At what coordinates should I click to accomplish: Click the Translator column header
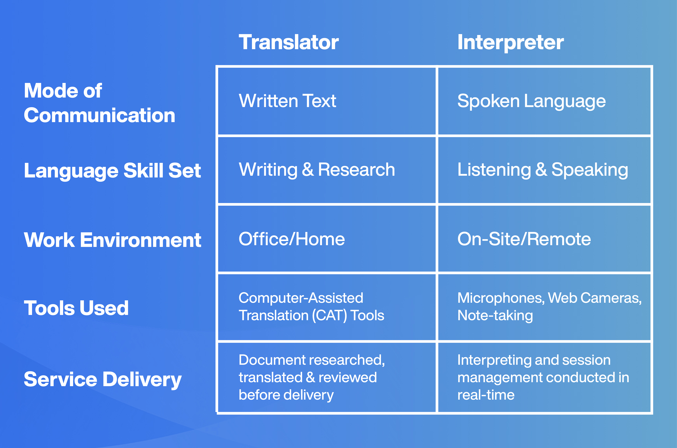pos(289,42)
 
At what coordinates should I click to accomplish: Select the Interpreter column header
pos(510,42)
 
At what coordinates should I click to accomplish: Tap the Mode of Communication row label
pos(99,103)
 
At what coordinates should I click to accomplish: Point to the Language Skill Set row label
pos(112,171)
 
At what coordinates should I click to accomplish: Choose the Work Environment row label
pos(112,240)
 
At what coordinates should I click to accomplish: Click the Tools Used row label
pos(76,308)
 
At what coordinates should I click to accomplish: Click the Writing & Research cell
pos(317,170)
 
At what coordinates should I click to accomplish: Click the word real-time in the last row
pos(486,395)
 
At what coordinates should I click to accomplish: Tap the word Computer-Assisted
pos(301,298)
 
